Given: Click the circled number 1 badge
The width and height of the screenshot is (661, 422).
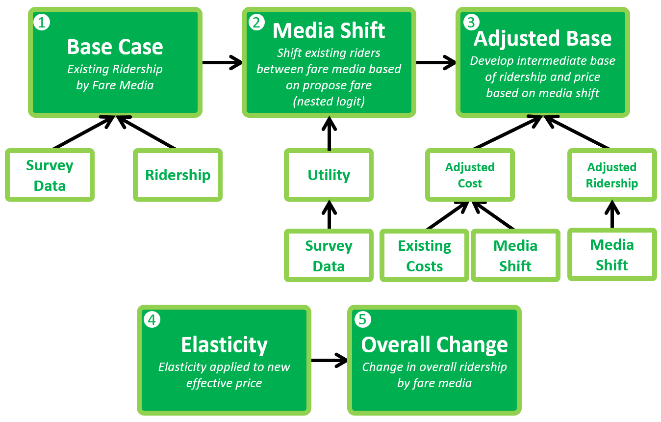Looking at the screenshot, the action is click(x=42, y=23).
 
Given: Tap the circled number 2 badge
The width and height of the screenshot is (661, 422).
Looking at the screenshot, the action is click(x=256, y=23).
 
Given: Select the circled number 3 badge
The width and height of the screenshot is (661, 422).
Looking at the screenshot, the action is click(x=471, y=23).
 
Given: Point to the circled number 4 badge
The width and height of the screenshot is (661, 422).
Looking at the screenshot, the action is click(x=152, y=319).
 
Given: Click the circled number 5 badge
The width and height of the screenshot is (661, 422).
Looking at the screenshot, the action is click(x=363, y=319).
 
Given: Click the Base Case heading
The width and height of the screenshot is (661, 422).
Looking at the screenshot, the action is click(x=115, y=47).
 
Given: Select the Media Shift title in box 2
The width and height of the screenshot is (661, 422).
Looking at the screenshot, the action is click(x=329, y=30).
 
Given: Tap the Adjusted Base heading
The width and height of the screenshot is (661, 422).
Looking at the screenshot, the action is click(x=543, y=38).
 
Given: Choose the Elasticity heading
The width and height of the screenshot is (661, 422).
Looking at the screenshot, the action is click(x=224, y=345).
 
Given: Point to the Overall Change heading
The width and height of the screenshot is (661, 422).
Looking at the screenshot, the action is click(x=434, y=345).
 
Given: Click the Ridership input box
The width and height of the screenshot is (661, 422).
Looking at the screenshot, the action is click(x=178, y=175).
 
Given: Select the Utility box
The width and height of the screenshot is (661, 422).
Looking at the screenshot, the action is click(x=329, y=175).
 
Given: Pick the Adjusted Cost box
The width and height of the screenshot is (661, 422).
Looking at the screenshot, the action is click(x=470, y=175).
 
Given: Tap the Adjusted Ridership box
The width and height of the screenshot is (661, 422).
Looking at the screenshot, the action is click(x=612, y=175).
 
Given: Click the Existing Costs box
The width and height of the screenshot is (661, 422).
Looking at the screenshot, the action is click(x=424, y=256).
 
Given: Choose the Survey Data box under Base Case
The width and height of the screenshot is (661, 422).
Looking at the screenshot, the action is click(x=50, y=175).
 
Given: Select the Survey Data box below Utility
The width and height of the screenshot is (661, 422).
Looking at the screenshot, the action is click(x=329, y=256).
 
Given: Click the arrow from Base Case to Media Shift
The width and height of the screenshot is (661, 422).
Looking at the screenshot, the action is click(x=222, y=62).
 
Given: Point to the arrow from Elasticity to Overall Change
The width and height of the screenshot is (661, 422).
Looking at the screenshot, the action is click(x=330, y=360).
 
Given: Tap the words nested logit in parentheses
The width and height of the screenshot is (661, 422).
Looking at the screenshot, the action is click(x=329, y=101).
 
